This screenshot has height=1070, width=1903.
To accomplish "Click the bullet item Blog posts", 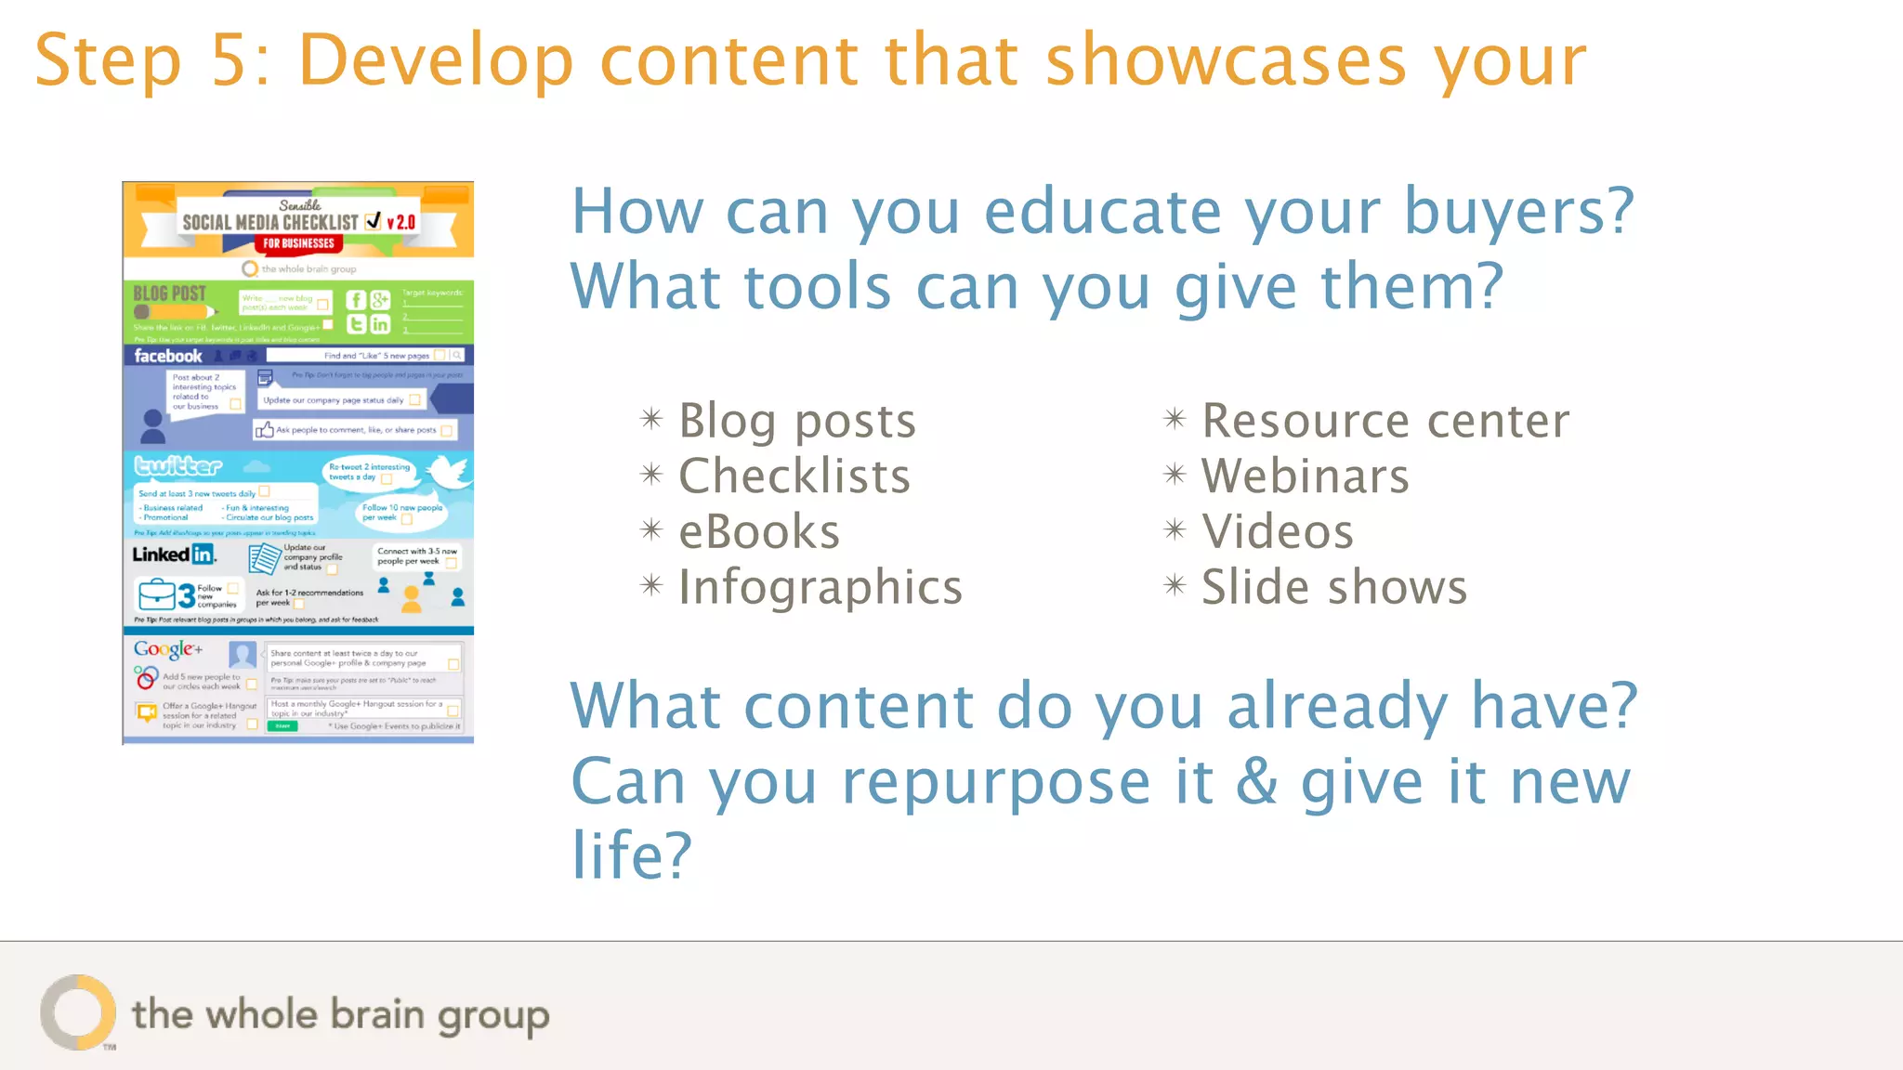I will [796, 422].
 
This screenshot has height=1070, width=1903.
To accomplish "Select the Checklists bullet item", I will [794, 476].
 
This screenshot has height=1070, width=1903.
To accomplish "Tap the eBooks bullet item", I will [758, 532].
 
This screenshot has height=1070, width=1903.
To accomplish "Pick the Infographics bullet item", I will [820, 587].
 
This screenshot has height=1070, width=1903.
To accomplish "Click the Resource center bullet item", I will [1385, 422].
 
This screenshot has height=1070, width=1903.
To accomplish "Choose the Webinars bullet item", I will [1305, 476].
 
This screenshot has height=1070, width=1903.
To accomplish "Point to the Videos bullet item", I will [1277, 532].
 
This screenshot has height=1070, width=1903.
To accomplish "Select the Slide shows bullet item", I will [1333, 587].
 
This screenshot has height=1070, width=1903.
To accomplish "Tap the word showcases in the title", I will [1226, 61].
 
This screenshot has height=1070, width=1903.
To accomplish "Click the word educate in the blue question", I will [1102, 212].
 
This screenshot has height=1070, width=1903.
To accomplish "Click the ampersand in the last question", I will [1256, 782].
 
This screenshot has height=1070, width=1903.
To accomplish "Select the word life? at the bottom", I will [631, 855].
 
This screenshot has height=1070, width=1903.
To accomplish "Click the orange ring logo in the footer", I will [78, 1012].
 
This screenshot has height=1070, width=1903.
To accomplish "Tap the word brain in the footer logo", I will [377, 1013].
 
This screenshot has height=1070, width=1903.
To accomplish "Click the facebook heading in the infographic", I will [167, 356].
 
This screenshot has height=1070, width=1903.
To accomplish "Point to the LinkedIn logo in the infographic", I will [174, 555].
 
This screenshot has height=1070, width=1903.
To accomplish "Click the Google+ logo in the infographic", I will [167, 649].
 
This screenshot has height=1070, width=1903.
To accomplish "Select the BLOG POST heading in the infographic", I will [170, 294].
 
